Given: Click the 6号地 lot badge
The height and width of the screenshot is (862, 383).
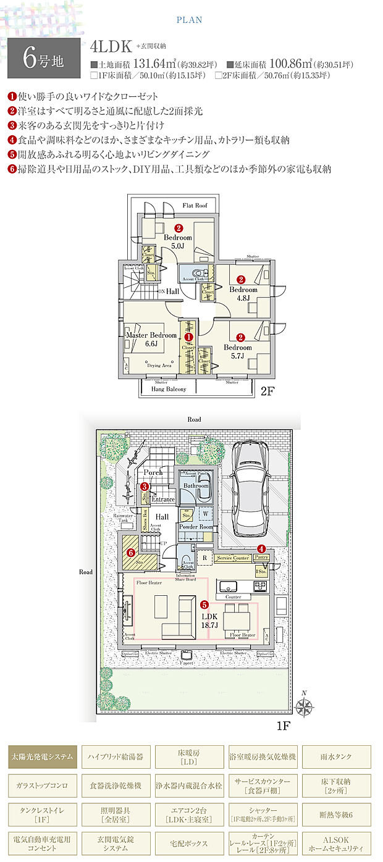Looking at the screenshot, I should point(44,58).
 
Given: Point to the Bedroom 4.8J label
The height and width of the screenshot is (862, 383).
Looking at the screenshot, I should point(243,293).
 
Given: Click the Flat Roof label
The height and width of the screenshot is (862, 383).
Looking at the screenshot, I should point(195,204).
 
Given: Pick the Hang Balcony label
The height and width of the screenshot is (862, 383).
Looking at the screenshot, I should point(164,390).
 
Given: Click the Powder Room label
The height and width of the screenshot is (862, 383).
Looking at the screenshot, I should point(196,527).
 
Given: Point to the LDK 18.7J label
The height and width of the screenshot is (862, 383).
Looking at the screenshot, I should point(210,620).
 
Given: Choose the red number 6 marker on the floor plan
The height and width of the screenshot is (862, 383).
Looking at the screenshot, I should point(130,553).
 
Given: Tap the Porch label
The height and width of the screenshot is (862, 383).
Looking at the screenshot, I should point(153,472).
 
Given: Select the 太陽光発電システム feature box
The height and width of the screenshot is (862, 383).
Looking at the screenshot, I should point(43,756).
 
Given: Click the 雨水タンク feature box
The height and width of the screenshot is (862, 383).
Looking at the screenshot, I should point(337,756).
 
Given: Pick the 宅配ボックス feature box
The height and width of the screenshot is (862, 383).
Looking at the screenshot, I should point(189,843).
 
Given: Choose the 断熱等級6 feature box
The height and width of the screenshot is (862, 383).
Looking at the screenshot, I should point(337,814).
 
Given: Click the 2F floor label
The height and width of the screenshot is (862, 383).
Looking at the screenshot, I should point(267,390).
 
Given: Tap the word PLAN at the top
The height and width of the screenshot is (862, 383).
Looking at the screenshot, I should point(189,20).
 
